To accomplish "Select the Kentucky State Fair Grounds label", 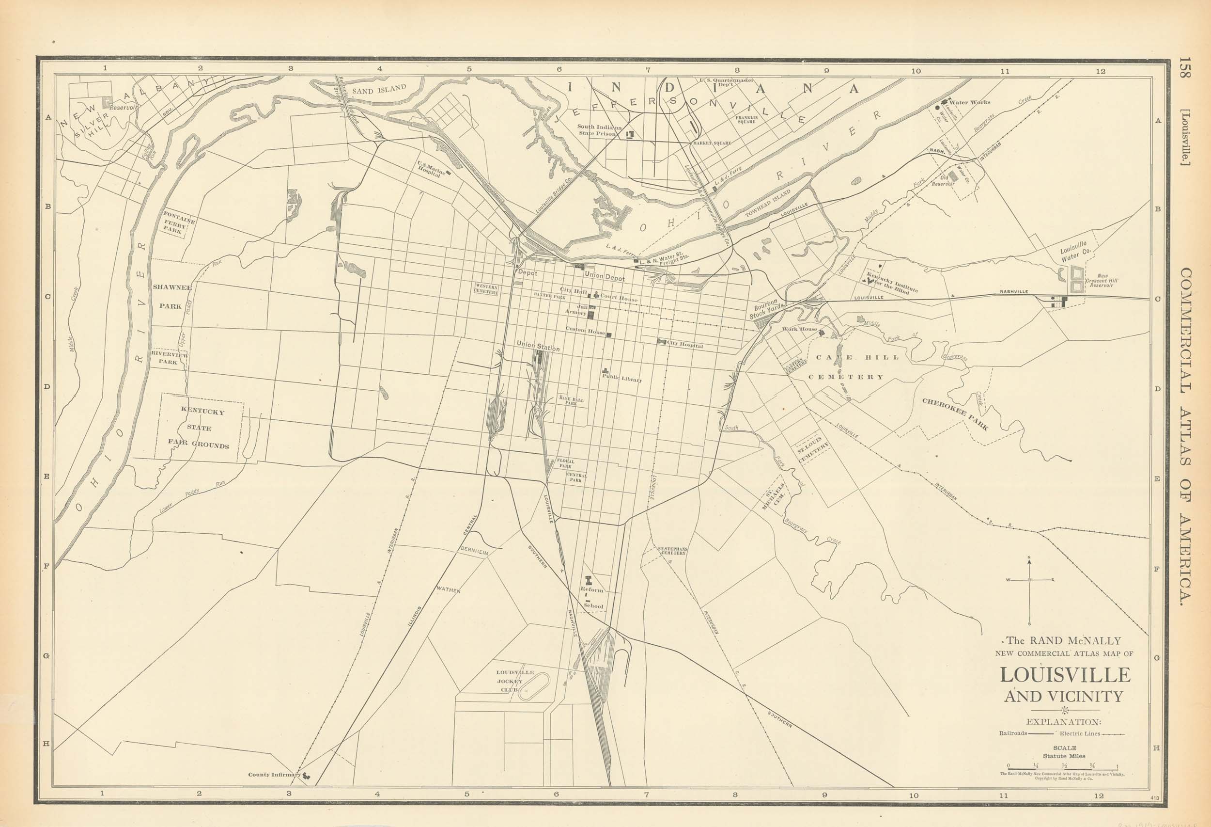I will [199, 428].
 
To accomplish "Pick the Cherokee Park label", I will [955, 414].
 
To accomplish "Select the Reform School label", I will [592, 598].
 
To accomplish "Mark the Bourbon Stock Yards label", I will [766, 309].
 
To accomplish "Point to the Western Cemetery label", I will [486, 289].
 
